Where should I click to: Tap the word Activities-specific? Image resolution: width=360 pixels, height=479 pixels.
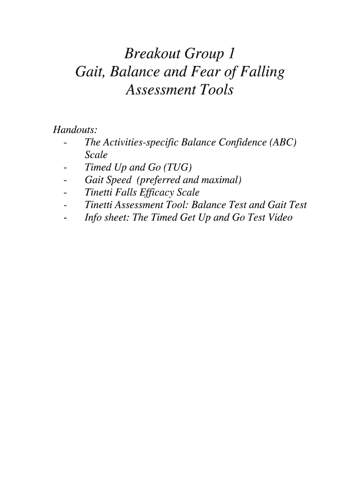tap(139, 142)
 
